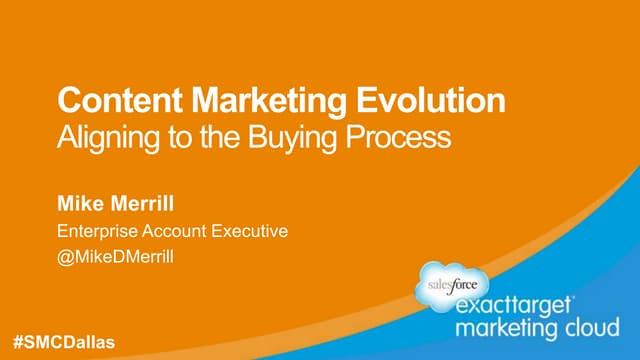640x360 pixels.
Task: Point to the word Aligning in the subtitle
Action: pyautogui.click(x=103, y=136)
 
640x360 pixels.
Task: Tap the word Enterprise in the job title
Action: pyautogui.click(x=99, y=232)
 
